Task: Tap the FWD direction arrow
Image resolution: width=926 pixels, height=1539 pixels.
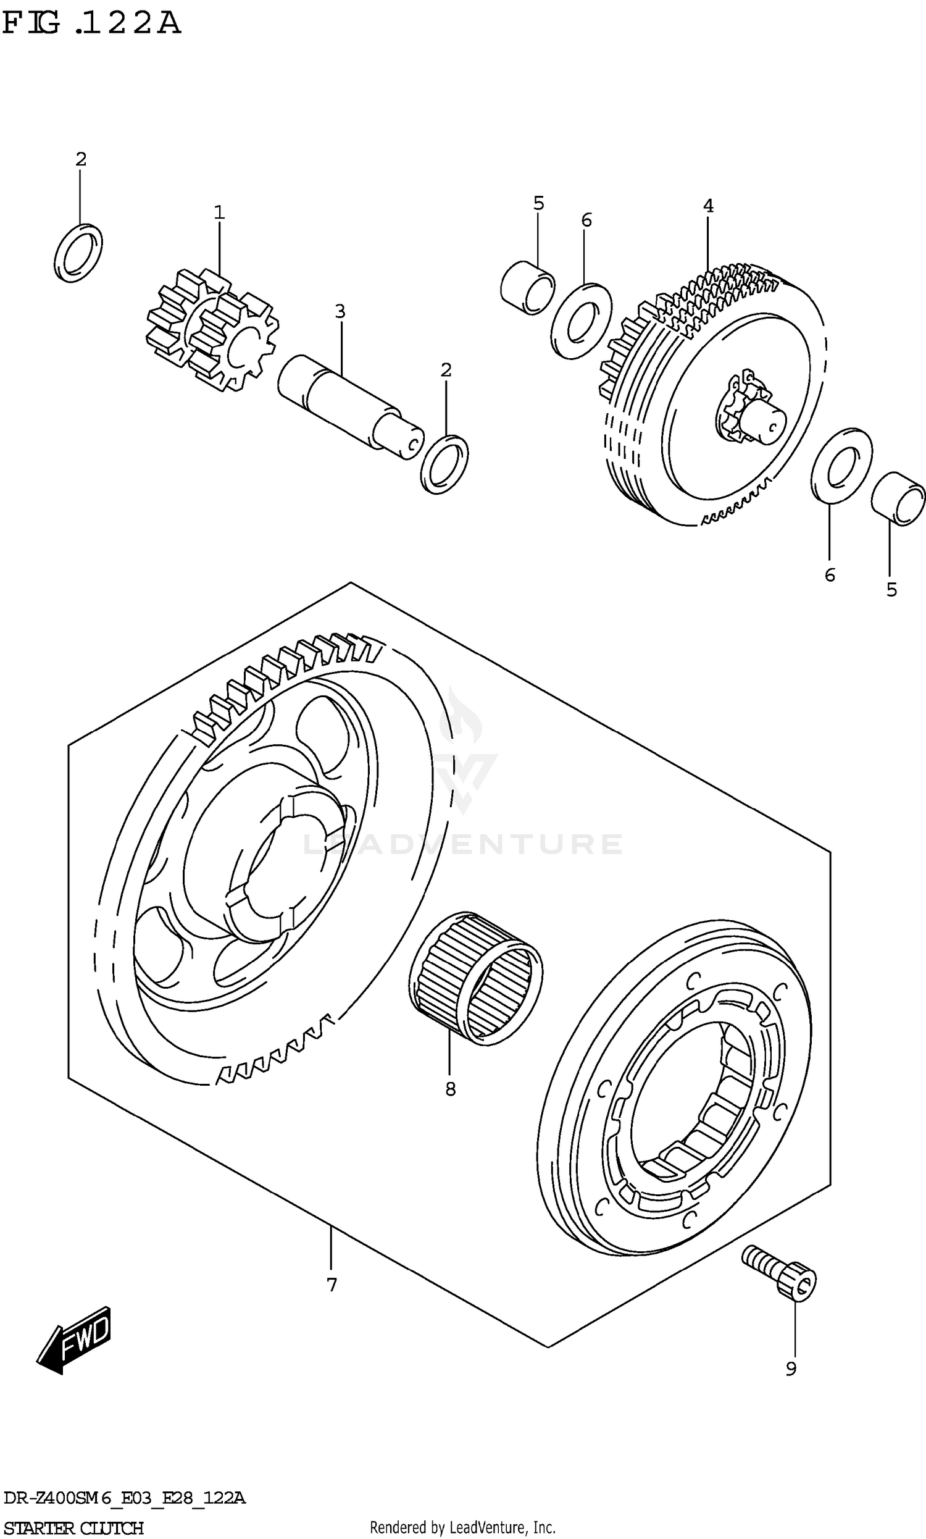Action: point(73,1340)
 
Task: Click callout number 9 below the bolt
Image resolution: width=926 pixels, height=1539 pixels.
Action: point(791,1369)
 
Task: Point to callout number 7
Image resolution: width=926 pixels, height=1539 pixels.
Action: point(332,1285)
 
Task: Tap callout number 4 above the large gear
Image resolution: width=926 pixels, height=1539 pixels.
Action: point(707,205)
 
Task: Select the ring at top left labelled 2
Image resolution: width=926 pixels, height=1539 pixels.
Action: point(78,253)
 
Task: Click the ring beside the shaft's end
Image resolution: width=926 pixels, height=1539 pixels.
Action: point(444,464)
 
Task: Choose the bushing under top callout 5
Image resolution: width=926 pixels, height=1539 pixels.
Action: point(528,288)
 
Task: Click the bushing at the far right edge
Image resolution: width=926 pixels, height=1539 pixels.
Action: point(898,498)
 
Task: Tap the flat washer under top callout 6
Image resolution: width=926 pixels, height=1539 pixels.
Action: point(582,321)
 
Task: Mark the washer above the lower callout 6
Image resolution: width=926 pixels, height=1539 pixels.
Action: point(841,466)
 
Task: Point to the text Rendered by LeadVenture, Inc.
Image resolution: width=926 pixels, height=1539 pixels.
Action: point(462,1527)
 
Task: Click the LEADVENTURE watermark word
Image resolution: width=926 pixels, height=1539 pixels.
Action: point(462,844)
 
